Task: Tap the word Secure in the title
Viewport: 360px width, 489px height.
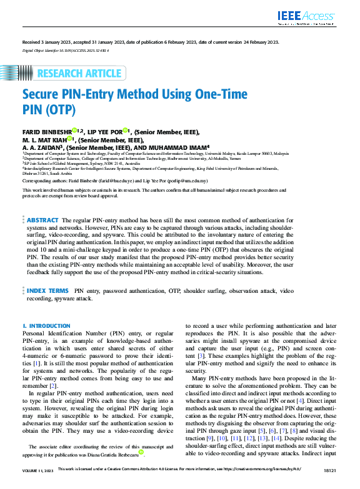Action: point(42,96)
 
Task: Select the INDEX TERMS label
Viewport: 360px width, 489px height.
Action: point(47,291)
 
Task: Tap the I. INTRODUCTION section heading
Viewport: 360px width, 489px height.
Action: point(46,326)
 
